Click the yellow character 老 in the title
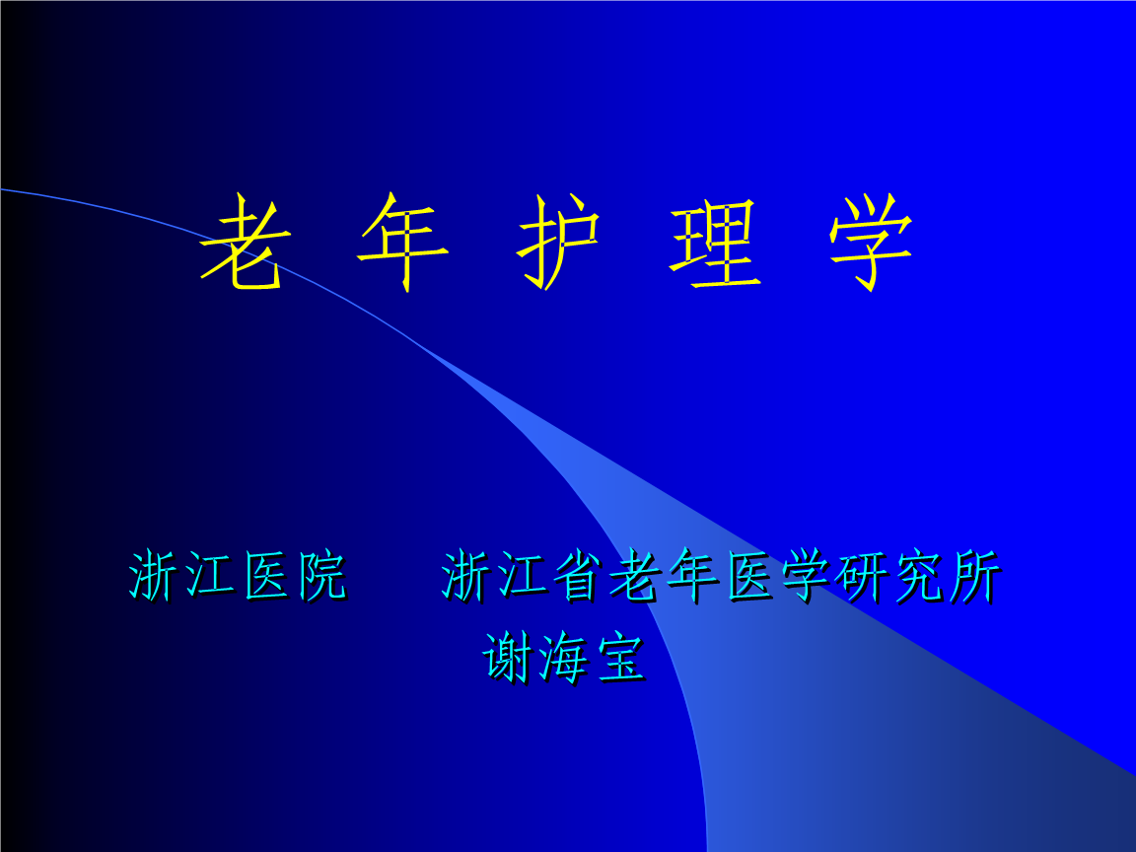coord(245,243)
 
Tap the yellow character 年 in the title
coord(402,243)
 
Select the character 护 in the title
coord(559,243)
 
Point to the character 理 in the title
coord(715,245)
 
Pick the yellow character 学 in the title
coord(872,243)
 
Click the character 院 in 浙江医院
coord(322,576)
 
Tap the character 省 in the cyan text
coord(580,576)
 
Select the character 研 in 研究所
coord(862,576)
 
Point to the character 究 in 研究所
coord(919,576)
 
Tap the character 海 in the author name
coord(564,657)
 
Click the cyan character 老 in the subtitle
coord(636,576)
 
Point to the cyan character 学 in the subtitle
coord(806,576)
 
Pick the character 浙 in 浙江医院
coord(154,576)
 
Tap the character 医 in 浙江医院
coord(266,576)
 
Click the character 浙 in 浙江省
coord(466,576)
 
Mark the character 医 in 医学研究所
coord(749,576)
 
